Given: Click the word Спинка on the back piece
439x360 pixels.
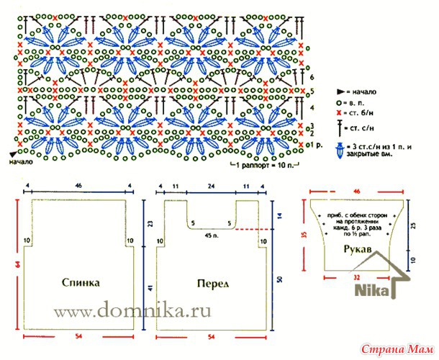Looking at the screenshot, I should (79, 283).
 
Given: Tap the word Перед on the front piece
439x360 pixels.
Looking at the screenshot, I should (213, 283).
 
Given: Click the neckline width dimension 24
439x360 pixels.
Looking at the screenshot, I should (211, 186).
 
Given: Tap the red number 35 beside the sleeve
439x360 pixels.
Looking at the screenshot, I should (305, 235).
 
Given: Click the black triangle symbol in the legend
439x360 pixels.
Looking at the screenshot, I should (338, 91).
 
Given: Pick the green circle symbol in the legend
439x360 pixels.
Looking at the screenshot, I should (337, 102).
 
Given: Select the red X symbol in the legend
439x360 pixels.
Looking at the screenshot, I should (337, 114).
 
